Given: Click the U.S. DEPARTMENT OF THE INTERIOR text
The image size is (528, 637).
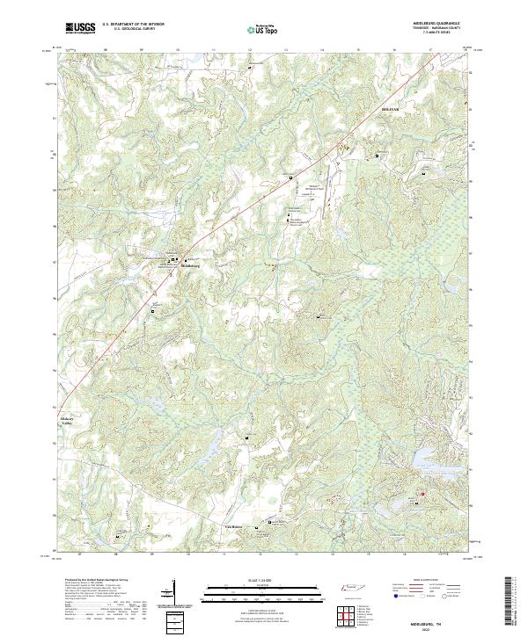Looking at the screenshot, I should click(x=133, y=25).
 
